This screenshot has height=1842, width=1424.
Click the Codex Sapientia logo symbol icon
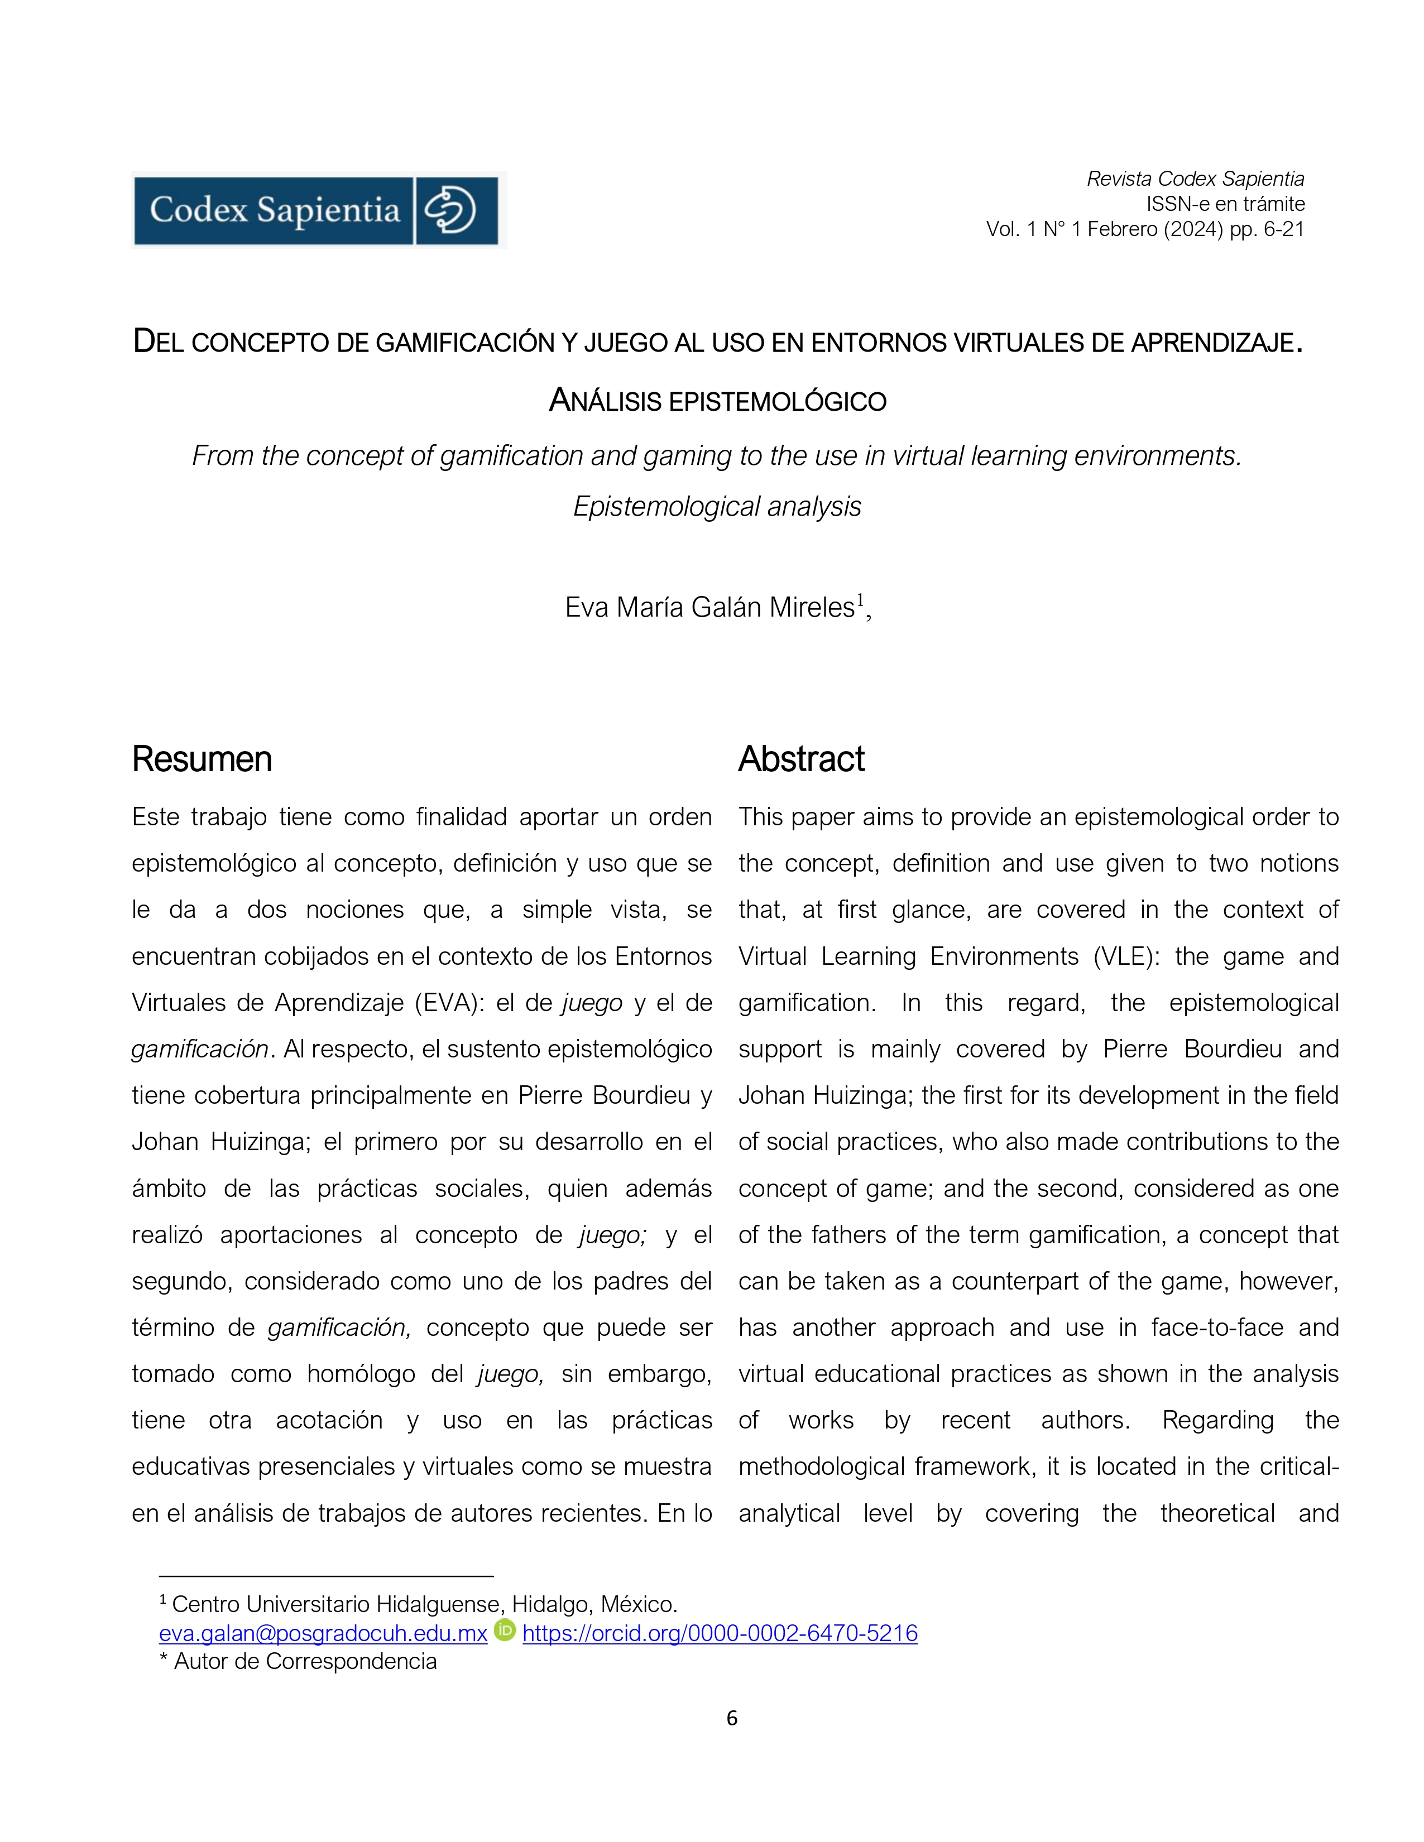(x=452, y=210)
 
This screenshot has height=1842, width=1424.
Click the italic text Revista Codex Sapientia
(x=1195, y=179)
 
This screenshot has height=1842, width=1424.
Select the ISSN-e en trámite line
(x=1224, y=204)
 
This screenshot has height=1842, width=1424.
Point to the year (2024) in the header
(x=1193, y=229)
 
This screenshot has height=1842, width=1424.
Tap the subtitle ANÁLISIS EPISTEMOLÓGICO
(x=717, y=401)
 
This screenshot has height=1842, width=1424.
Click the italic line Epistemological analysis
(x=717, y=507)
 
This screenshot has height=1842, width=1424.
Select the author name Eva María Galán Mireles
(x=709, y=607)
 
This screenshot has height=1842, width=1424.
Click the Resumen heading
(x=202, y=759)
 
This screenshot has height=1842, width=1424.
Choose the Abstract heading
(x=802, y=759)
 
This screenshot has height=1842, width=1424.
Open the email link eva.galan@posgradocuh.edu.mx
(x=323, y=1634)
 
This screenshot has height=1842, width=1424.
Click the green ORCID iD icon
(x=505, y=1631)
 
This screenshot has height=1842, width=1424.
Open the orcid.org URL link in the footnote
(x=720, y=1634)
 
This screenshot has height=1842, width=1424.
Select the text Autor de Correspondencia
(x=305, y=1662)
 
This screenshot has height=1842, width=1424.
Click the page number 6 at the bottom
(x=731, y=1718)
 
